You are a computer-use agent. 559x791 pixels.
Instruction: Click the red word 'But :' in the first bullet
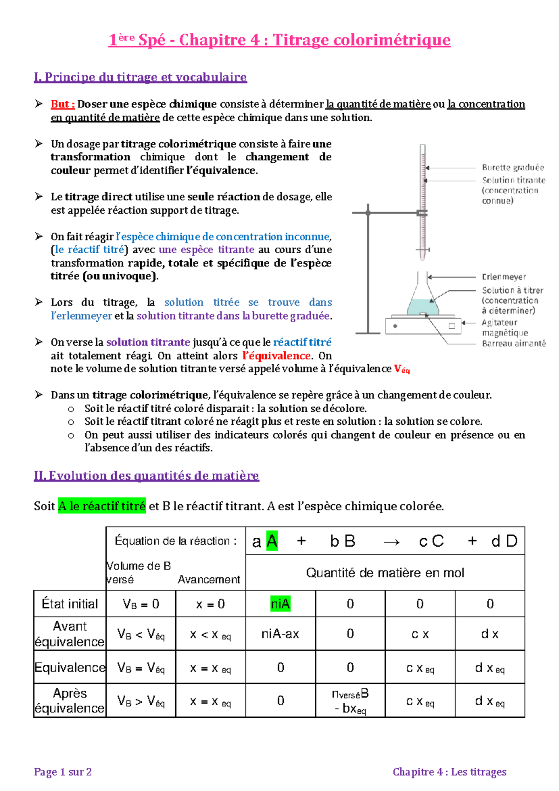[62, 104]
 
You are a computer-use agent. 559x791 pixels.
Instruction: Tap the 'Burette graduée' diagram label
[512, 167]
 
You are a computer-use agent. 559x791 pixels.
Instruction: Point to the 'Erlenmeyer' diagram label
[504, 277]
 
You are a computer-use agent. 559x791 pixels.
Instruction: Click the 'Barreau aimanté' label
[513, 344]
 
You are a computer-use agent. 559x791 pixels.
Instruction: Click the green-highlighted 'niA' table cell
[280, 604]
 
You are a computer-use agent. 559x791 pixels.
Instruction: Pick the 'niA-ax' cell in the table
[280, 634]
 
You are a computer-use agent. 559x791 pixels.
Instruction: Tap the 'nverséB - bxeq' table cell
[350, 701]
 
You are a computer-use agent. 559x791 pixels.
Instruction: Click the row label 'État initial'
[70, 604]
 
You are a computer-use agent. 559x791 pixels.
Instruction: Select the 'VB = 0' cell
[141, 604]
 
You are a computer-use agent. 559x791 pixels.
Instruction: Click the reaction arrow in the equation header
[391, 541]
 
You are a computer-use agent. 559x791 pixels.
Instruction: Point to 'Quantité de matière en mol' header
[385, 573]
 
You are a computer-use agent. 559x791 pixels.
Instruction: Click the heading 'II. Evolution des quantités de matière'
[146, 476]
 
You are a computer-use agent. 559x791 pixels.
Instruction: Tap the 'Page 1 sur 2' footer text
[63, 772]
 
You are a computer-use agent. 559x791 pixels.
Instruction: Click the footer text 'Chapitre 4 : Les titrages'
[449, 772]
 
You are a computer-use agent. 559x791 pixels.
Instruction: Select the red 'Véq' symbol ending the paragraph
[402, 369]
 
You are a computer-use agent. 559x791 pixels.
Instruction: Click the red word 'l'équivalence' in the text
[276, 356]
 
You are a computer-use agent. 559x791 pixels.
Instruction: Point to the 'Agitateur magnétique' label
[504, 327]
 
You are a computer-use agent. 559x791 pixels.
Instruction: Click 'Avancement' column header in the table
[209, 579]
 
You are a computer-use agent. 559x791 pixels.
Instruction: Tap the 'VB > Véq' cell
[141, 701]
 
